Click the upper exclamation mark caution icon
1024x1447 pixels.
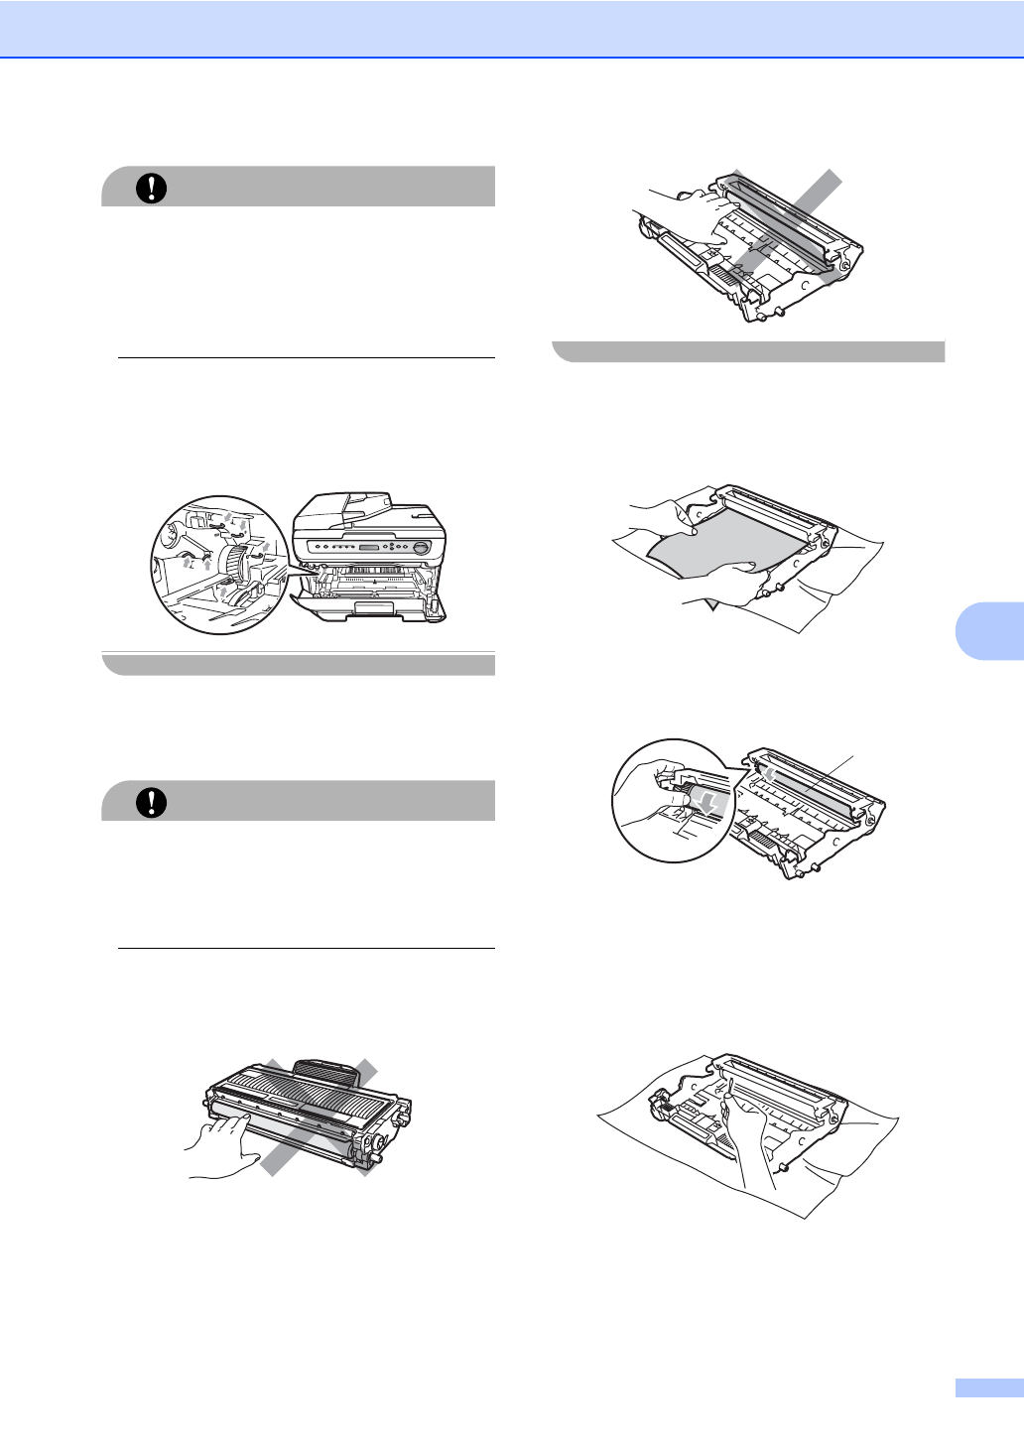pos(151,188)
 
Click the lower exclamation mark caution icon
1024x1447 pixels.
pos(151,802)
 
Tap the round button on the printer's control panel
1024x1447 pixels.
pos(421,548)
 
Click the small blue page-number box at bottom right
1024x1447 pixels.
pos(988,1387)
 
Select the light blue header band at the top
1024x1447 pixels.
pos(512,28)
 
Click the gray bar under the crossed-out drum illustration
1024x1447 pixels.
pos(748,351)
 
